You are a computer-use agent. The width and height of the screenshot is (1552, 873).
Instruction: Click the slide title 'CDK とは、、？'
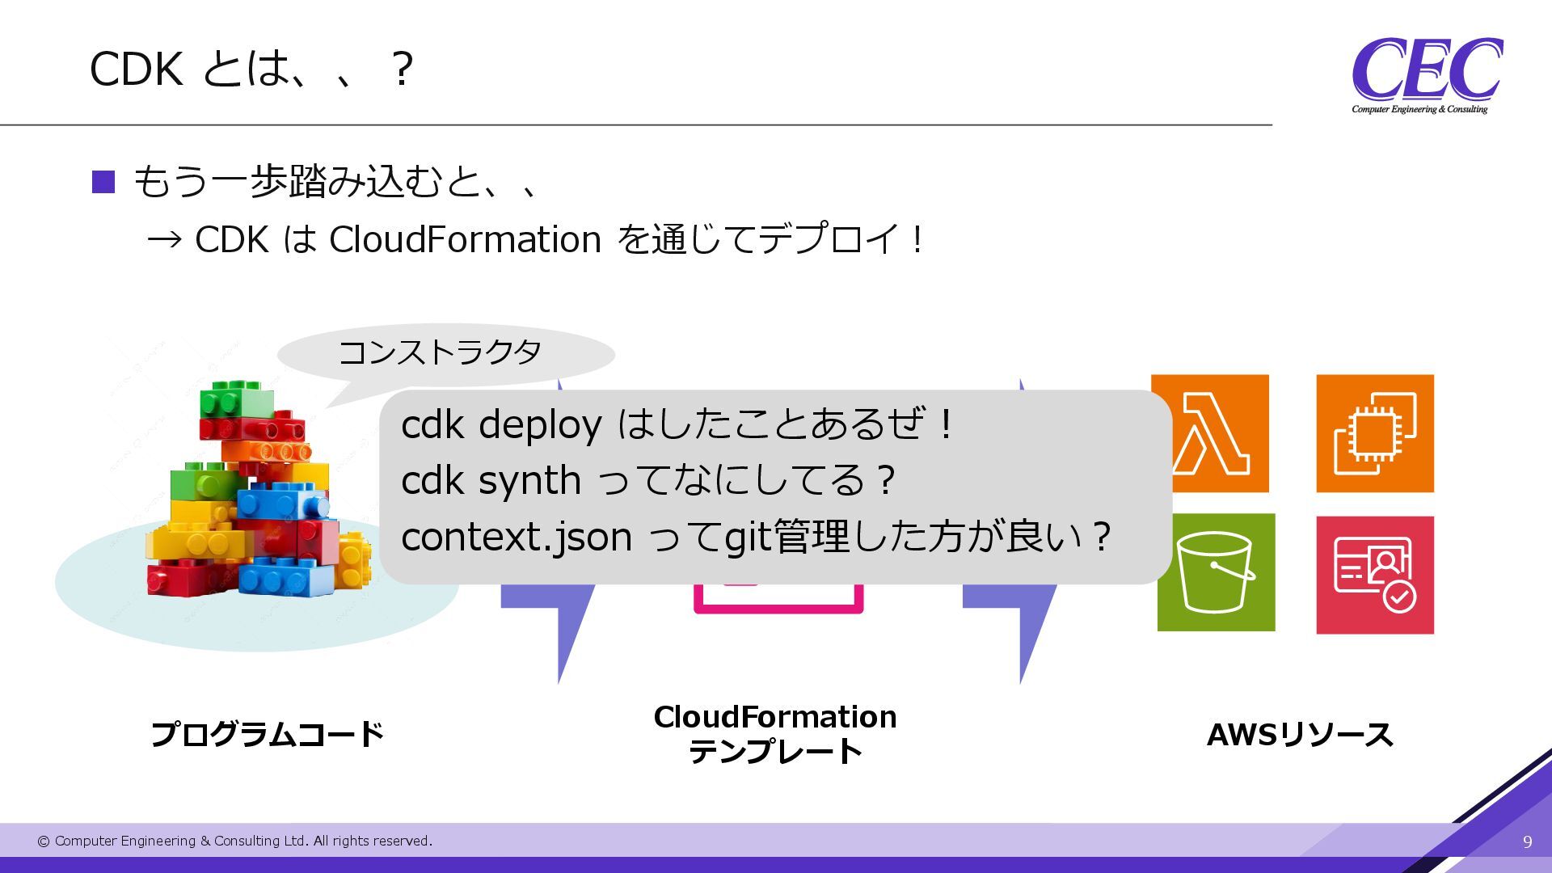(x=251, y=69)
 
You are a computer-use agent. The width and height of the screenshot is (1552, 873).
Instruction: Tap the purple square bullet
(x=103, y=182)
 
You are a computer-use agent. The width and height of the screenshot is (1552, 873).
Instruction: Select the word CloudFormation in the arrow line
(x=465, y=239)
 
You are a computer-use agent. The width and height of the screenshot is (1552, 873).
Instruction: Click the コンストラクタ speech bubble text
(x=440, y=352)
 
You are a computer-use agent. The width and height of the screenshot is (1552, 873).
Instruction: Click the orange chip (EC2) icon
(x=1374, y=433)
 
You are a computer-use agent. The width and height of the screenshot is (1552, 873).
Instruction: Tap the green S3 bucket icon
(x=1216, y=572)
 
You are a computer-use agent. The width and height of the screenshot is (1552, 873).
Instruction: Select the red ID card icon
(x=1374, y=575)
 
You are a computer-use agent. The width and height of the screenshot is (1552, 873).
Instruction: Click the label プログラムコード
(x=267, y=734)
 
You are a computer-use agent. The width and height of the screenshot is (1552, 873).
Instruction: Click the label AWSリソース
(x=1299, y=735)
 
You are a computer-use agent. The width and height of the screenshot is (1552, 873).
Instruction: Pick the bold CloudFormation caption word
(x=774, y=717)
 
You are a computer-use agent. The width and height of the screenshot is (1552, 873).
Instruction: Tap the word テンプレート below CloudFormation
(x=774, y=752)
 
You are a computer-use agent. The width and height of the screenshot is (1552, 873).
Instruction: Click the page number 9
(x=1527, y=842)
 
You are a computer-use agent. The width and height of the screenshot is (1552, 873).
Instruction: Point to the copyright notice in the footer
(x=234, y=841)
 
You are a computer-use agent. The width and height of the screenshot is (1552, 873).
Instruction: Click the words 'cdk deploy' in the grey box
(x=501, y=424)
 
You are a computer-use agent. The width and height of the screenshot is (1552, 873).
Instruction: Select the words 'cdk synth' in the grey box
(x=491, y=480)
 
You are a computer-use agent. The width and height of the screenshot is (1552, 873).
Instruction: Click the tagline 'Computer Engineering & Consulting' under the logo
(x=1419, y=109)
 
